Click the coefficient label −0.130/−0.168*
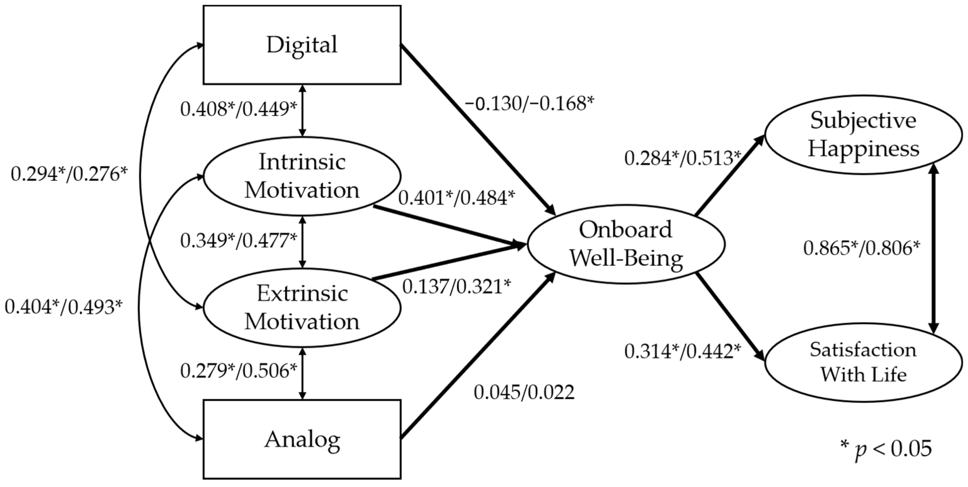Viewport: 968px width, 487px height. [529, 103]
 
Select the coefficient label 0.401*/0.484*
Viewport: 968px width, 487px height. [457, 198]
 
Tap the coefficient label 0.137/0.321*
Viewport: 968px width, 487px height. [457, 287]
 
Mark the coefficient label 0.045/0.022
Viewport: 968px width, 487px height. [524, 393]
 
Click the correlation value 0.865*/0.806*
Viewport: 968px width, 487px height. [862, 248]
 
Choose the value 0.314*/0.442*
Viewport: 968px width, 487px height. [683, 351]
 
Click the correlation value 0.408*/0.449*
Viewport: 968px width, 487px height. [239, 109]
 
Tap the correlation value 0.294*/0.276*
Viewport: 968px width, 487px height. [69, 174]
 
